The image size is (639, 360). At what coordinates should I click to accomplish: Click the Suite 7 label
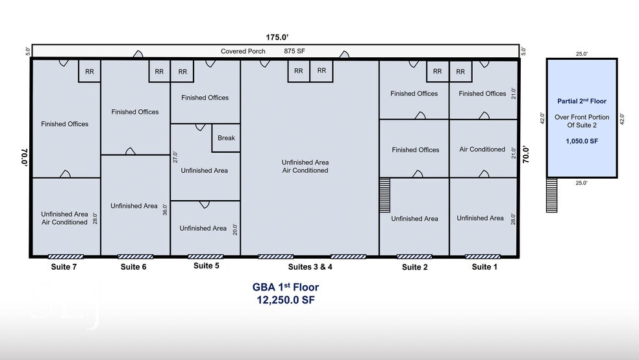tap(64, 266)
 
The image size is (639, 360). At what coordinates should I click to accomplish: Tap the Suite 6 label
tap(133, 266)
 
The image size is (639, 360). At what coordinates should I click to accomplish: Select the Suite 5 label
tap(207, 265)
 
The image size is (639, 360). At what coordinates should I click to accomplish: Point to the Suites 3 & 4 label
tap(310, 266)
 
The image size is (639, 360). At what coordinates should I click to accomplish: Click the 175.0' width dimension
tap(277, 37)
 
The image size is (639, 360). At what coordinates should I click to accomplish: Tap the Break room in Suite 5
tap(226, 138)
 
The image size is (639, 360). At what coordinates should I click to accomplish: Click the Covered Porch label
tap(243, 51)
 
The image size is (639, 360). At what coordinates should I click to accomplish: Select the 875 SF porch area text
tap(294, 51)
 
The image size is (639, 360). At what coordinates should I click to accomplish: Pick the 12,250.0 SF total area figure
tap(285, 300)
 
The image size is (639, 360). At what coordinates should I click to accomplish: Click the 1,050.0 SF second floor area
tap(582, 141)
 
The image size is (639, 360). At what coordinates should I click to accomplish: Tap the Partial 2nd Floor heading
tap(582, 101)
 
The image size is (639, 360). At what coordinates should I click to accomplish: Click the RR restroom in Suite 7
tap(89, 71)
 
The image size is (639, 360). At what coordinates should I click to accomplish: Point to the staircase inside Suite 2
tap(384, 195)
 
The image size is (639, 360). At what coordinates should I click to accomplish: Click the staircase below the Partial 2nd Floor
tap(551, 195)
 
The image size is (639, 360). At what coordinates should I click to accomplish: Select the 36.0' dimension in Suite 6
tap(165, 209)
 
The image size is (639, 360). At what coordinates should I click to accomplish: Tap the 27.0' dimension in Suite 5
tap(175, 157)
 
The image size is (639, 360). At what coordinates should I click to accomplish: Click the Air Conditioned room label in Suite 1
tap(482, 149)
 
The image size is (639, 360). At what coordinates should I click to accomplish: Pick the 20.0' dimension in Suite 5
tap(234, 229)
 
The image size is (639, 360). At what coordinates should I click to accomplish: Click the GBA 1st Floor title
tap(285, 287)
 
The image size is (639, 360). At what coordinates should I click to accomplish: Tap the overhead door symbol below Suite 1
tap(482, 257)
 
